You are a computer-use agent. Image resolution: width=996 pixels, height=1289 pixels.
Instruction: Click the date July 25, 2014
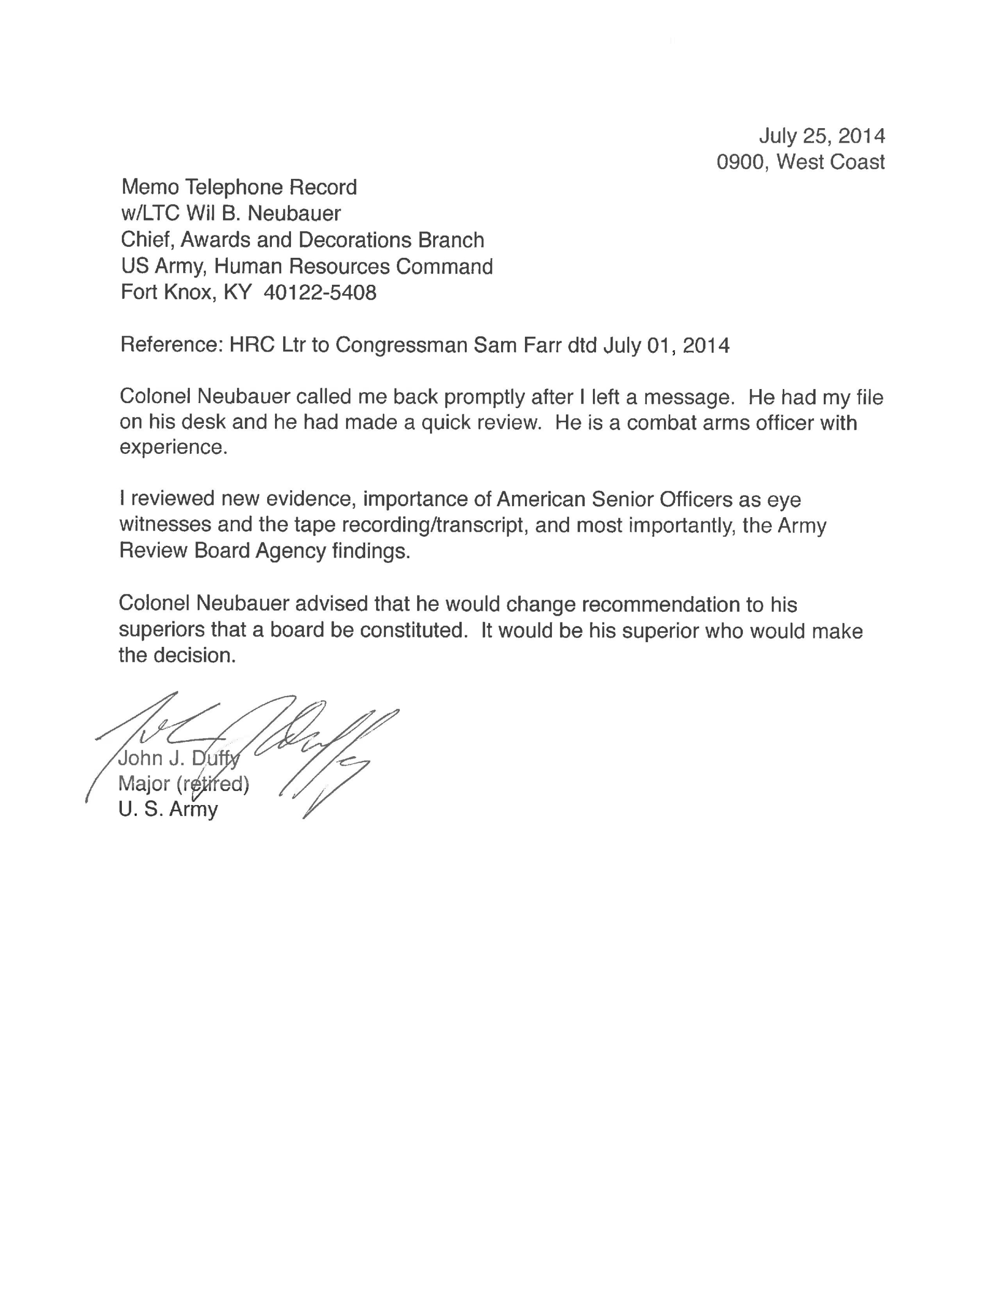[x=821, y=136]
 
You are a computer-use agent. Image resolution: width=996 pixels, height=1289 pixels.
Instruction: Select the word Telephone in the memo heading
[x=227, y=188]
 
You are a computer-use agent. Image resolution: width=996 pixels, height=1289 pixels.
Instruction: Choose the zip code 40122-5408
[x=320, y=293]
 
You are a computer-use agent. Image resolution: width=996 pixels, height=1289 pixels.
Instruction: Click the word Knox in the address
[x=188, y=293]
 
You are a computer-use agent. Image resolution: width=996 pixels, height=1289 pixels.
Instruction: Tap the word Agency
[x=290, y=551]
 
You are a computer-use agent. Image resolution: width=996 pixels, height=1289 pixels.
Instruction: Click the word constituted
[x=413, y=631]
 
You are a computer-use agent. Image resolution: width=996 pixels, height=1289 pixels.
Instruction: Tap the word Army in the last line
[x=193, y=810]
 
